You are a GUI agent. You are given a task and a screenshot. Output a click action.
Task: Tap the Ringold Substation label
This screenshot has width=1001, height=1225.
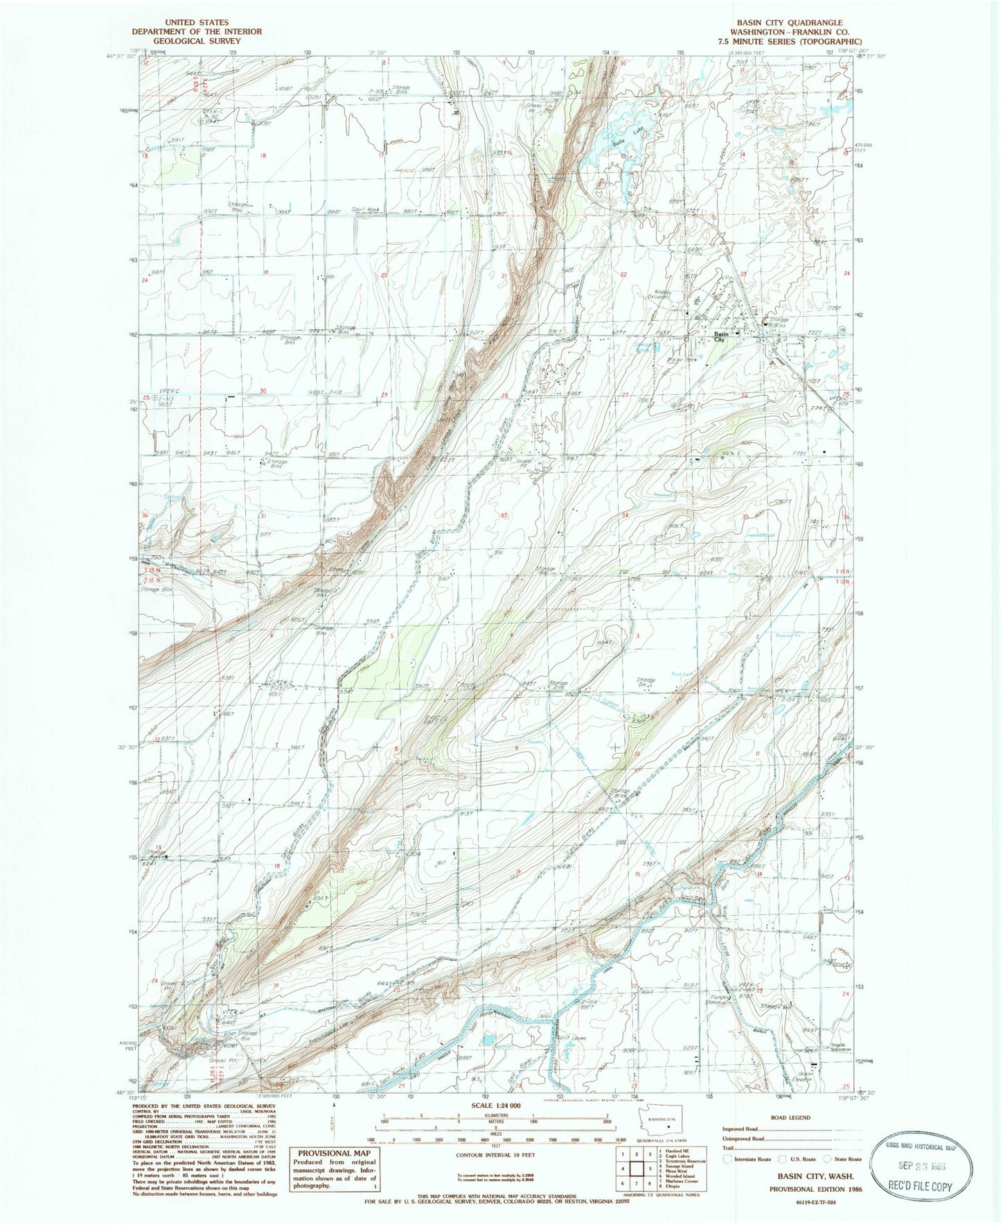pos(835,1048)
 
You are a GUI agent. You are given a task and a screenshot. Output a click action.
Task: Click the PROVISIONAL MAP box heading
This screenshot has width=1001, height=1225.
pos(334,1154)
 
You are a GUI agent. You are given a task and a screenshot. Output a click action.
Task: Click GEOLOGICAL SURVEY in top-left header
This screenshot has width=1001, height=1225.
pos(197,41)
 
